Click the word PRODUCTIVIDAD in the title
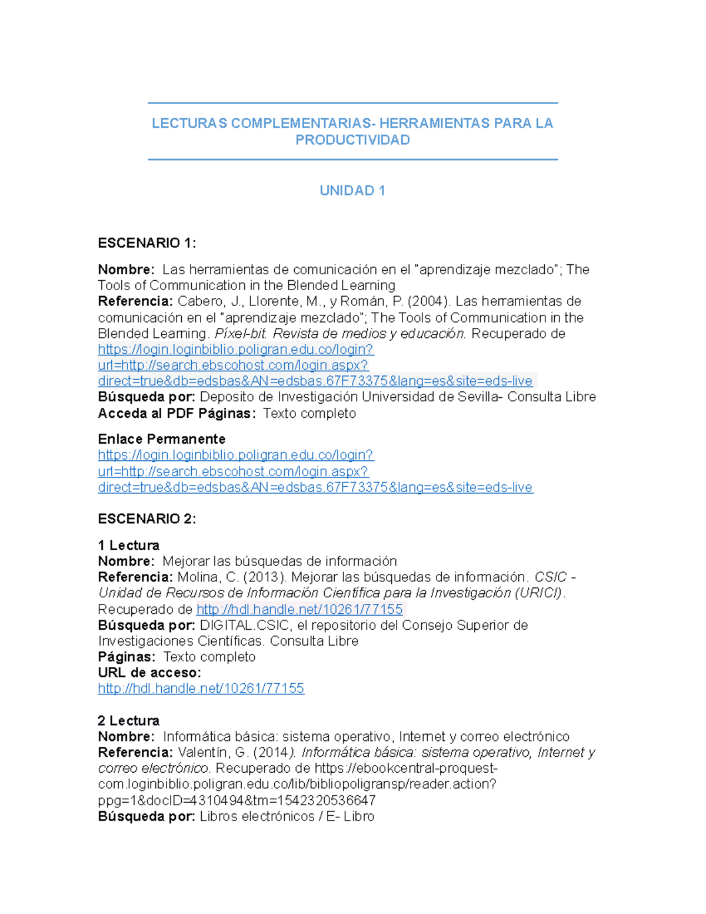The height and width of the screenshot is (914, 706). point(352,140)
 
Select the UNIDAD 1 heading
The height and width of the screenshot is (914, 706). point(352,191)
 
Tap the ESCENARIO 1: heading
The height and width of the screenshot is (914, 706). point(147,243)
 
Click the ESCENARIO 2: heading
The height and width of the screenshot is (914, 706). point(147,519)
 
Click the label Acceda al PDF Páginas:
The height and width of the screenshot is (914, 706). point(177,414)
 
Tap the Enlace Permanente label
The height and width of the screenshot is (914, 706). point(162,439)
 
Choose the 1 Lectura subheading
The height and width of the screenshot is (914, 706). point(129,546)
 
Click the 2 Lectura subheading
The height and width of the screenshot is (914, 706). point(129,721)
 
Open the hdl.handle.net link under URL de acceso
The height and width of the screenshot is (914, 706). point(201,689)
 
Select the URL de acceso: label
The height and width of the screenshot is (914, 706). point(149,673)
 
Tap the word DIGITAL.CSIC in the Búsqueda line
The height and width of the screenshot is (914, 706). point(245,626)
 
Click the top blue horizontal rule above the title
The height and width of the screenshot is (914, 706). point(352,103)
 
